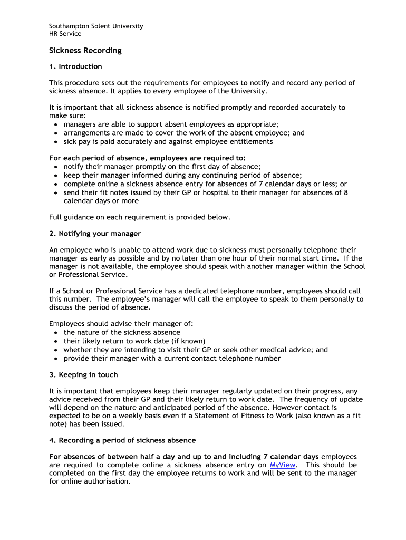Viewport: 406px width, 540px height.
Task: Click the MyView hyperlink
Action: pos(282,465)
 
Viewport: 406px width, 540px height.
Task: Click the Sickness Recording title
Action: pos(85,51)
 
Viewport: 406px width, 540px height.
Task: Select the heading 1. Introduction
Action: pos(75,66)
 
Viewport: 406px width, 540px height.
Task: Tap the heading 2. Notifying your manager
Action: pos(95,234)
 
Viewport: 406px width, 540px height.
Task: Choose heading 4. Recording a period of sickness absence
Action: pos(122,440)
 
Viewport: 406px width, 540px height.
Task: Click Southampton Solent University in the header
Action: pos(96,26)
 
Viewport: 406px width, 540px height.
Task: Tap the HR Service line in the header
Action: pos(65,34)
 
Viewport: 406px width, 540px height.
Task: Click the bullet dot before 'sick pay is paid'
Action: pos(56,142)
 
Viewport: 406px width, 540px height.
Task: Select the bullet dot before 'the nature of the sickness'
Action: pos(56,333)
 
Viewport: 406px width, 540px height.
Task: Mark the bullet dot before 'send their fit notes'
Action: pos(56,193)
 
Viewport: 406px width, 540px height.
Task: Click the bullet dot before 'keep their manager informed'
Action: pos(56,176)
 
